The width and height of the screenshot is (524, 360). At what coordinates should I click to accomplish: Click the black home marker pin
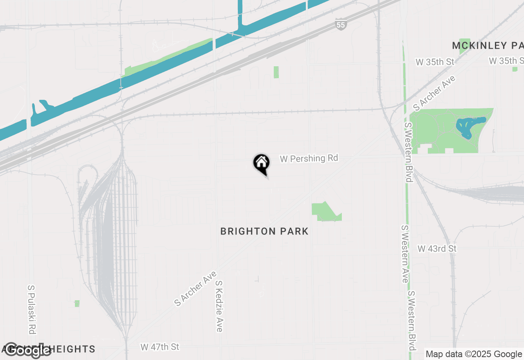tap(261, 164)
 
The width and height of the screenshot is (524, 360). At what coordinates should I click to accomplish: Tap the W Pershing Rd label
tap(309, 158)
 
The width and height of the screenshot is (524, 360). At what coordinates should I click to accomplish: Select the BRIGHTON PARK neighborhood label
tap(264, 232)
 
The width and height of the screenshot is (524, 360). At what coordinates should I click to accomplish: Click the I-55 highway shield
tap(341, 25)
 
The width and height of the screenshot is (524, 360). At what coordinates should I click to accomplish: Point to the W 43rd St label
tap(437, 249)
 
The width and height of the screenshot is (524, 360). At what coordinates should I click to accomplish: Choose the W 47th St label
tap(160, 347)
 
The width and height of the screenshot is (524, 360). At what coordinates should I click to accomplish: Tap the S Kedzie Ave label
tap(219, 306)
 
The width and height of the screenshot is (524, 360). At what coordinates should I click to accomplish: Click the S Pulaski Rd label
tap(32, 309)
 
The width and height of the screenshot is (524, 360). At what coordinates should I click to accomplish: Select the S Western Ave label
tap(404, 254)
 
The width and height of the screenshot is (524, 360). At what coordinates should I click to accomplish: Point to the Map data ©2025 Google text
tap(474, 354)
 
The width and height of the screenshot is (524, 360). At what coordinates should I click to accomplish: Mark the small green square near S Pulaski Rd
tap(77, 304)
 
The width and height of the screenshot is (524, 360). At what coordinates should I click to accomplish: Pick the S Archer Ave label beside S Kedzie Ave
tap(195, 288)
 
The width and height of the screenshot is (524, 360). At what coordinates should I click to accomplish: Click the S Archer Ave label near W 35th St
tap(434, 93)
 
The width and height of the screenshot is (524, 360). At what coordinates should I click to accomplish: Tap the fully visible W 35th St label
tap(435, 62)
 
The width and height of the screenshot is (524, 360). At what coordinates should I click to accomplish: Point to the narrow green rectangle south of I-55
tap(276, 72)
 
